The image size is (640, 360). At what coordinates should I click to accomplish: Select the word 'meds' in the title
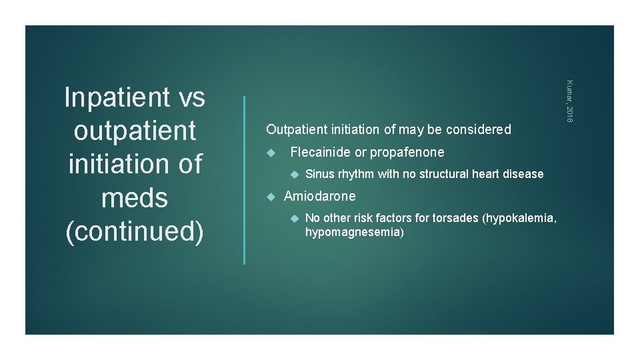click(x=135, y=197)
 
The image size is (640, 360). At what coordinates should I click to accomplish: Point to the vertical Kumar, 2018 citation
click(x=569, y=101)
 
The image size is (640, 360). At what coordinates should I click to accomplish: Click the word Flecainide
click(x=321, y=153)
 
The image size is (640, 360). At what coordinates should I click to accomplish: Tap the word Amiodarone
click(x=320, y=197)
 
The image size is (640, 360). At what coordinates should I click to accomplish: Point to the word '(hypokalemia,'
click(x=522, y=219)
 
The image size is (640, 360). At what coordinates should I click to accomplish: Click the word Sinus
click(x=320, y=175)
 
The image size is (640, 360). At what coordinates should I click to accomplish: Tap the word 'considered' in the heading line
click(x=478, y=130)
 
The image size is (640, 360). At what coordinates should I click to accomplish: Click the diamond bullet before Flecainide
click(x=271, y=153)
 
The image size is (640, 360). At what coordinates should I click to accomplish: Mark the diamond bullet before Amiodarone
click(x=271, y=197)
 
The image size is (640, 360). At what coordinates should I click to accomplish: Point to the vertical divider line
click(x=245, y=180)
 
